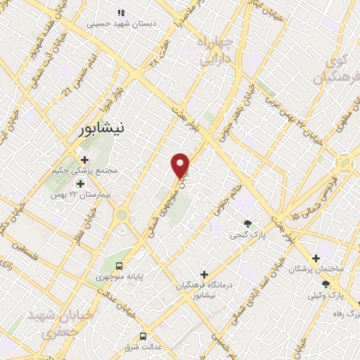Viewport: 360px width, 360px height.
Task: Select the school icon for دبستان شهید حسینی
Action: point(120,12)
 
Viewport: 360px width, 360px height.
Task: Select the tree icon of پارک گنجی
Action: point(247,224)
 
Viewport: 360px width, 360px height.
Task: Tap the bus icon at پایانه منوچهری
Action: point(119,266)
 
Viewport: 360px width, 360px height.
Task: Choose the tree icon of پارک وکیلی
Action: point(326,283)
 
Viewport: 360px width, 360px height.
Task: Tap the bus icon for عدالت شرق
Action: point(143,336)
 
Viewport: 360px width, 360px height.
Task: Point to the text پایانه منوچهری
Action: point(119,277)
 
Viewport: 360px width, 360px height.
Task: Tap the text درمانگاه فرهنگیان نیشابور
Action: point(204,290)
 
